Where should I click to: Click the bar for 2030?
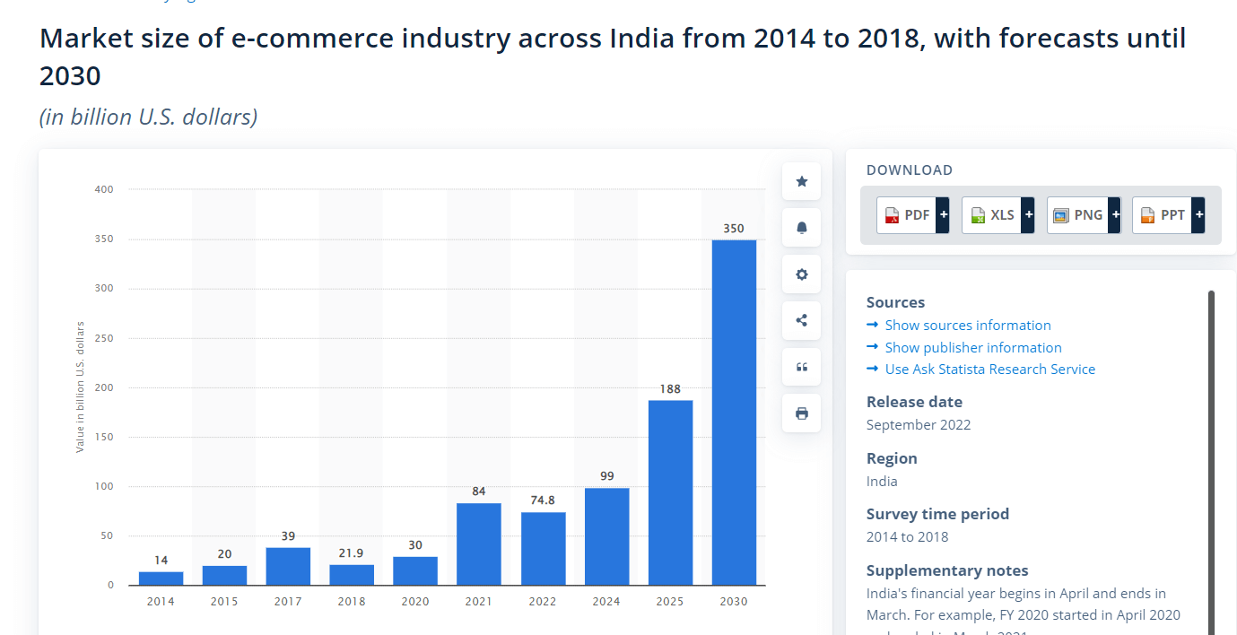pyautogui.click(x=734, y=413)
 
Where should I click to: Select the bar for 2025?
pyautogui.click(x=670, y=492)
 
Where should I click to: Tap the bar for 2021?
pyautogui.click(x=479, y=544)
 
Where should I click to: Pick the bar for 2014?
pyautogui.click(x=161, y=578)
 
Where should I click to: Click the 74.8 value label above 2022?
pyautogui.click(x=543, y=500)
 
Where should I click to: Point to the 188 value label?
pyautogui.click(x=670, y=389)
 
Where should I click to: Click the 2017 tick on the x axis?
pyautogui.click(x=288, y=601)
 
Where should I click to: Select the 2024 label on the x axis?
pyautogui.click(x=606, y=601)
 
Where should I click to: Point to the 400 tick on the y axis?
pyautogui.click(x=104, y=189)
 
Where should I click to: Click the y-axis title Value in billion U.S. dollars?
pyautogui.click(x=80, y=387)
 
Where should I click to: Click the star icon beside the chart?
pyautogui.click(x=802, y=182)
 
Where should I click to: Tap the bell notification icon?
pyautogui.click(x=802, y=228)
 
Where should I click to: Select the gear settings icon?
pyautogui.click(x=802, y=274)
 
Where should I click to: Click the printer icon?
pyautogui.click(x=802, y=413)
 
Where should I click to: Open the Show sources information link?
pyautogui.click(x=968, y=326)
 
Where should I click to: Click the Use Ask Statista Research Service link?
pyautogui.click(x=989, y=370)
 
